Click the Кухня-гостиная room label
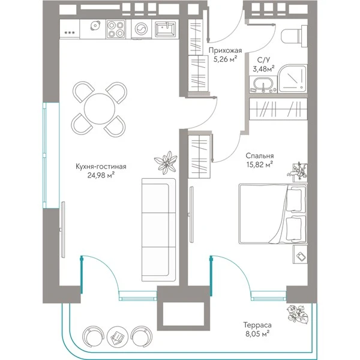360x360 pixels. click(x=101, y=166)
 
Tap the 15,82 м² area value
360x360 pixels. click(x=260, y=164)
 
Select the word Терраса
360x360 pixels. click(x=257, y=325)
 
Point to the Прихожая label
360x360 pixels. click(x=225, y=50)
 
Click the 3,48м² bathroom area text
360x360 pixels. click(x=263, y=68)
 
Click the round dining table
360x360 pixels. click(x=100, y=109)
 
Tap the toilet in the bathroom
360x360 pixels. click(x=294, y=36)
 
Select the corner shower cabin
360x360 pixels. click(x=292, y=79)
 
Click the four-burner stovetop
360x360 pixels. click(x=116, y=29)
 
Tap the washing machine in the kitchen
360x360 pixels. click(x=141, y=29)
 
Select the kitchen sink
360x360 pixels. click(x=166, y=29)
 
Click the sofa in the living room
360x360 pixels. click(x=158, y=230)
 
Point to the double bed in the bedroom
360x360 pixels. click(x=273, y=214)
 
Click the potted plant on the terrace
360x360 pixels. click(x=298, y=314)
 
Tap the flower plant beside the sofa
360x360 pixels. click(x=166, y=163)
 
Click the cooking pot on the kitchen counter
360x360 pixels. click(x=95, y=25)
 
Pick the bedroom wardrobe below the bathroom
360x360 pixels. click(x=278, y=109)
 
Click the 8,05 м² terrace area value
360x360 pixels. click(x=257, y=334)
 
